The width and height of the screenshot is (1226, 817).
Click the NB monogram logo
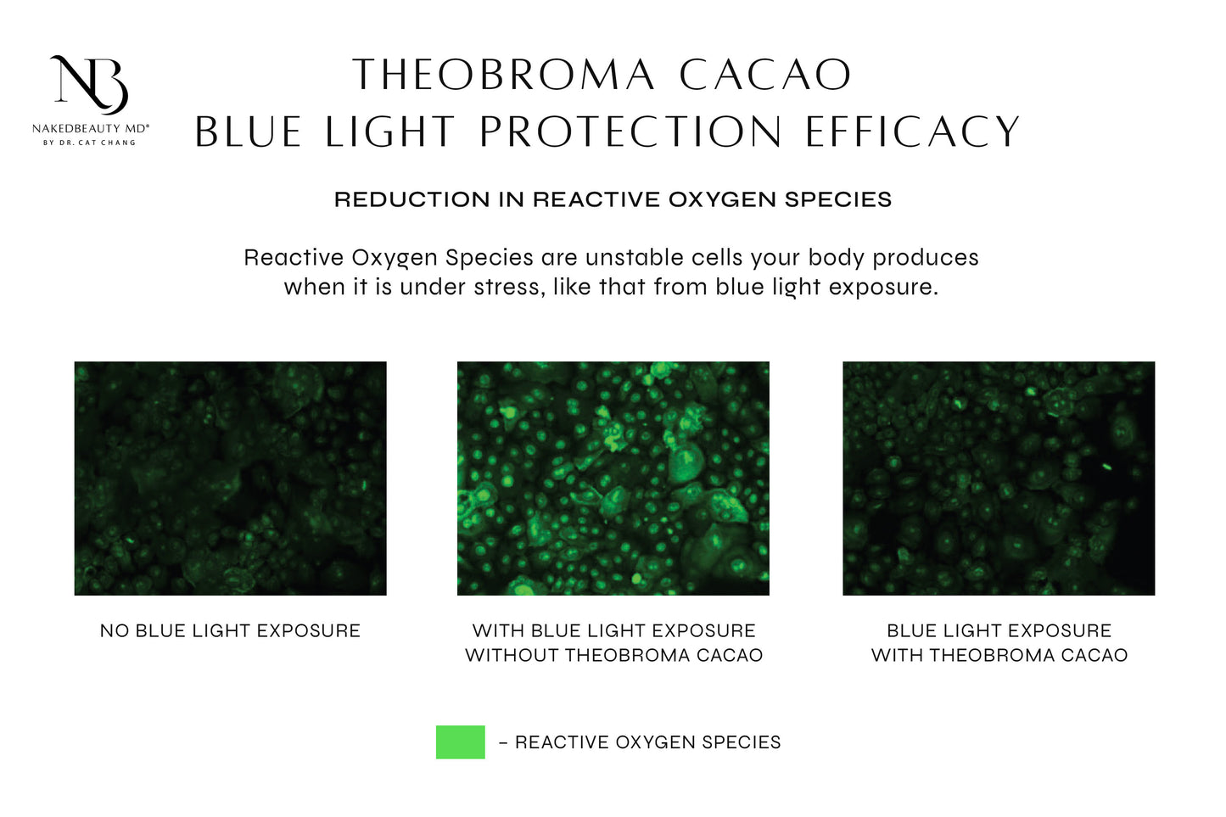click(x=90, y=85)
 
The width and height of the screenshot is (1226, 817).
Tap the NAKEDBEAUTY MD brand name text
click(x=90, y=129)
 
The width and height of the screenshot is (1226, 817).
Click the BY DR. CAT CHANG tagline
click(x=90, y=143)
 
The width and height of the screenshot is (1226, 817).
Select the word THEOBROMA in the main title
click(x=503, y=75)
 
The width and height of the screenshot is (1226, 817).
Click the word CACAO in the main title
click(x=765, y=75)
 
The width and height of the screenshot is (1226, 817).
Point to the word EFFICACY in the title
click(x=912, y=132)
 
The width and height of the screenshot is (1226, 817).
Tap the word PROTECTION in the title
click(x=630, y=132)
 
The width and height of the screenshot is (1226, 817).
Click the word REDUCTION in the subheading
click(x=412, y=199)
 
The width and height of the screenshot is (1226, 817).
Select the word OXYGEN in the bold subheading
click(x=723, y=199)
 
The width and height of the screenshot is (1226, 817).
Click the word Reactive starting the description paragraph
click(x=294, y=258)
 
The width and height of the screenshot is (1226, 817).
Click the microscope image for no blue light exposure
click(x=231, y=478)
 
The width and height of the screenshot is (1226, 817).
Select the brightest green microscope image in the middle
click(x=613, y=478)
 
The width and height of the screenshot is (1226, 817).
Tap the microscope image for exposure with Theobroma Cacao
click(x=999, y=478)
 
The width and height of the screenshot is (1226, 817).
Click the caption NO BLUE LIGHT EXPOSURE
click(x=231, y=631)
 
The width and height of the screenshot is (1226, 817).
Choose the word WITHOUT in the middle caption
click(x=512, y=656)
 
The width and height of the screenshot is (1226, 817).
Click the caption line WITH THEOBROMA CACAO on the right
click(x=999, y=656)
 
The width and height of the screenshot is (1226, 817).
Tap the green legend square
click(x=461, y=742)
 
